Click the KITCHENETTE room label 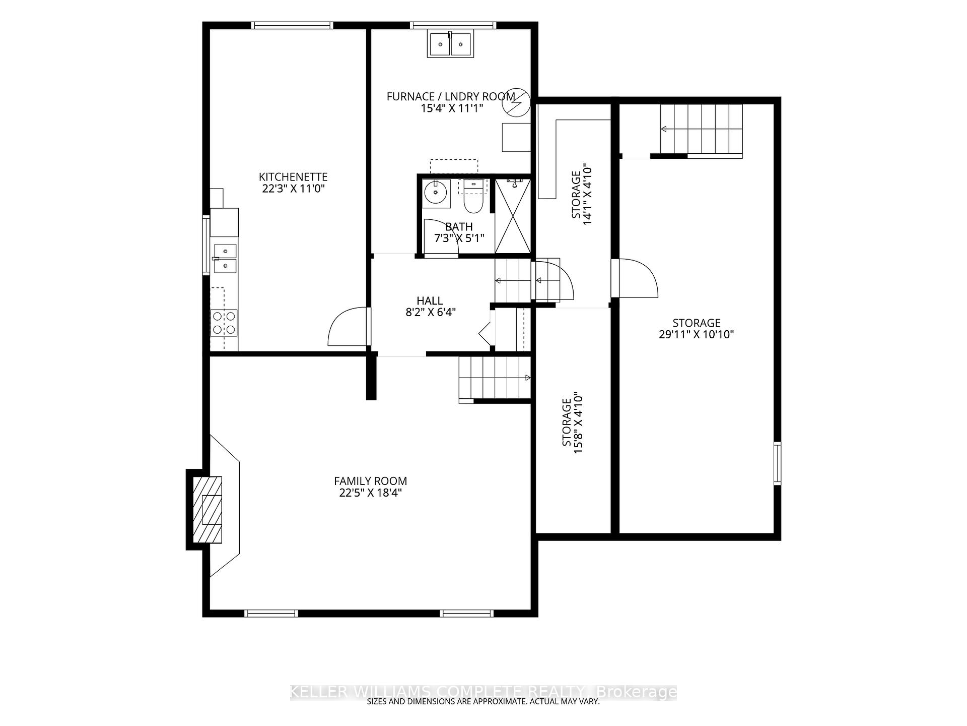293,177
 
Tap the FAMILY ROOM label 370,481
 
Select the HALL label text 430,301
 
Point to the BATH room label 459,227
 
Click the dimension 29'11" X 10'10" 697,334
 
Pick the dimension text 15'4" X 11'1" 452,108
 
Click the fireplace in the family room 207,509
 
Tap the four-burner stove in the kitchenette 224,323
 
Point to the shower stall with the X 513,215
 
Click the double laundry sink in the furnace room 450,43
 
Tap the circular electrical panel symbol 516,103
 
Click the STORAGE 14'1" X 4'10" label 581,194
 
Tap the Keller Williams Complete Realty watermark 483,692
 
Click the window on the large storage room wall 777,463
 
